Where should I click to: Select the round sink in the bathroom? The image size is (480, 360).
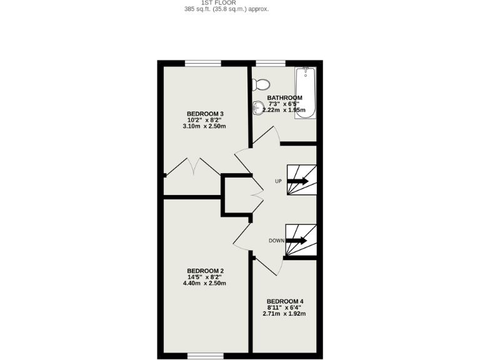coord(258,108)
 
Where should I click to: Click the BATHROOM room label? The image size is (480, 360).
coord(285,98)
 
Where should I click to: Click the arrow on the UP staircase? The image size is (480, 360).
coord(299,181)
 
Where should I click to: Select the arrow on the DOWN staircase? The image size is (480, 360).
coord(297,241)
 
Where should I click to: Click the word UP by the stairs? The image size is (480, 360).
coord(278,182)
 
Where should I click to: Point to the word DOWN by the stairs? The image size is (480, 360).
coord(276,241)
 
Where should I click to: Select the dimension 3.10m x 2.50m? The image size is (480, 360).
coord(204,126)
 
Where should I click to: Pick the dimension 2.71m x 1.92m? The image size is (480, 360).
coord(284,313)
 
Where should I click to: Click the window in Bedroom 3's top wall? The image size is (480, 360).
coord(203,62)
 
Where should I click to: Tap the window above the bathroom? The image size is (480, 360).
coord(269,62)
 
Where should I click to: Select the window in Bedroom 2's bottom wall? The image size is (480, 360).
coord(205,356)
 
